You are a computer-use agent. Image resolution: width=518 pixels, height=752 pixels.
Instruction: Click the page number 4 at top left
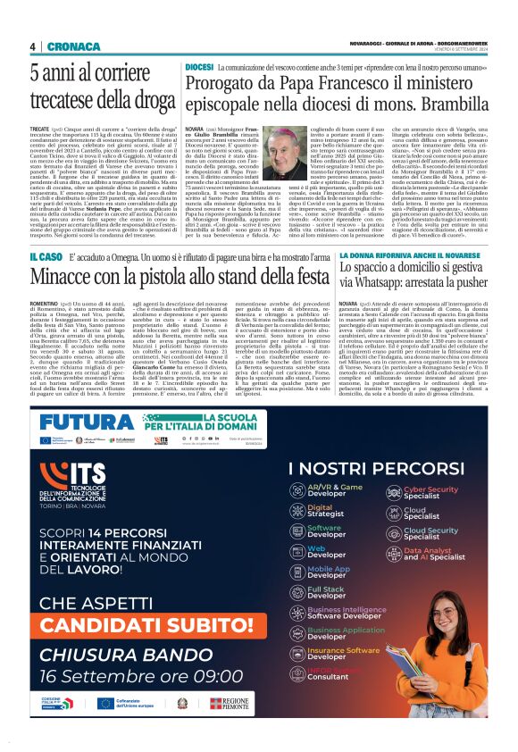(32, 46)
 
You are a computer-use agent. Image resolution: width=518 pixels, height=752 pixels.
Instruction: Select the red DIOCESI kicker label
(199, 67)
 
